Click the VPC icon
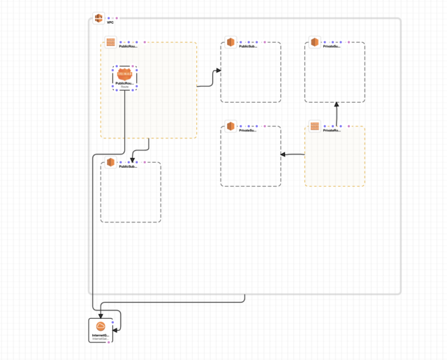(x=98, y=17)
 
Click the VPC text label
(x=110, y=22)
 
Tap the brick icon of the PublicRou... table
(x=110, y=43)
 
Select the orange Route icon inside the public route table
(x=125, y=74)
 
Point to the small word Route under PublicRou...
(x=125, y=87)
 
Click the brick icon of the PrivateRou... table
(x=314, y=127)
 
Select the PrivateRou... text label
(x=332, y=130)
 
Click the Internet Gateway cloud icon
(x=100, y=327)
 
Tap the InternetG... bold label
(x=101, y=336)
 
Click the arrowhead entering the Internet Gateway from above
(x=101, y=315)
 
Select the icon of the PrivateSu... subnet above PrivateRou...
(x=314, y=43)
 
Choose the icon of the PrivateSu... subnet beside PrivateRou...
(x=230, y=127)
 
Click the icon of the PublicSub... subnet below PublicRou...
(x=110, y=163)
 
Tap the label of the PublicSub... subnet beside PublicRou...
(x=248, y=46)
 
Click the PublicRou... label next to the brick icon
(x=129, y=46)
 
